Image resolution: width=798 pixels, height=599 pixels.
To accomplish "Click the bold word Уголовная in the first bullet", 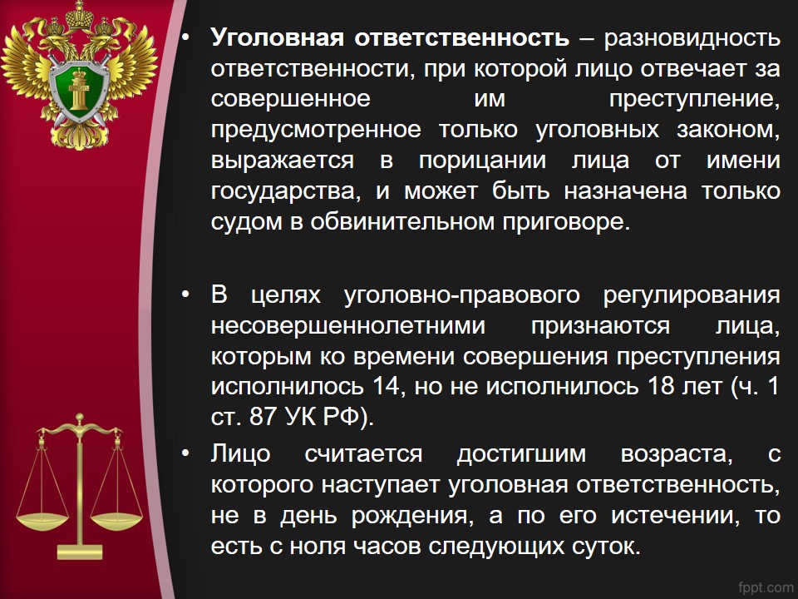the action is (x=278, y=38).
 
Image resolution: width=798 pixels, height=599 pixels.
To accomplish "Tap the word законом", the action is (x=728, y=130).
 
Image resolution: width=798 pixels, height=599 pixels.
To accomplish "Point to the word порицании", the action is (x=482, y=161).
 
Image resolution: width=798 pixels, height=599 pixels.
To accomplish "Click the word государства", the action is (x=286, y=192).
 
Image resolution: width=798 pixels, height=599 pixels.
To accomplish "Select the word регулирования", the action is (x=692, y=296).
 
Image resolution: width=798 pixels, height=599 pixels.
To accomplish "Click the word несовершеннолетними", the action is (x=348, y=326).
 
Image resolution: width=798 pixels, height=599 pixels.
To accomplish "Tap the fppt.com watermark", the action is (x=765, y=587).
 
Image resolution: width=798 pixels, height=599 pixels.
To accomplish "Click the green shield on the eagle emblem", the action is (x=80, y=91).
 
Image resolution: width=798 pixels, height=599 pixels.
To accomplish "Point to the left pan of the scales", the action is (x=42, y=521).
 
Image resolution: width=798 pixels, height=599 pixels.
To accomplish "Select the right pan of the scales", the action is (x=116, y=521).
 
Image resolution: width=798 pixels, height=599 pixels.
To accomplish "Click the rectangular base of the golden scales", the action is (x=80, y=552).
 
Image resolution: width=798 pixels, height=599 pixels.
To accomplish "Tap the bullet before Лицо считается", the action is (x=185, y=453).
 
